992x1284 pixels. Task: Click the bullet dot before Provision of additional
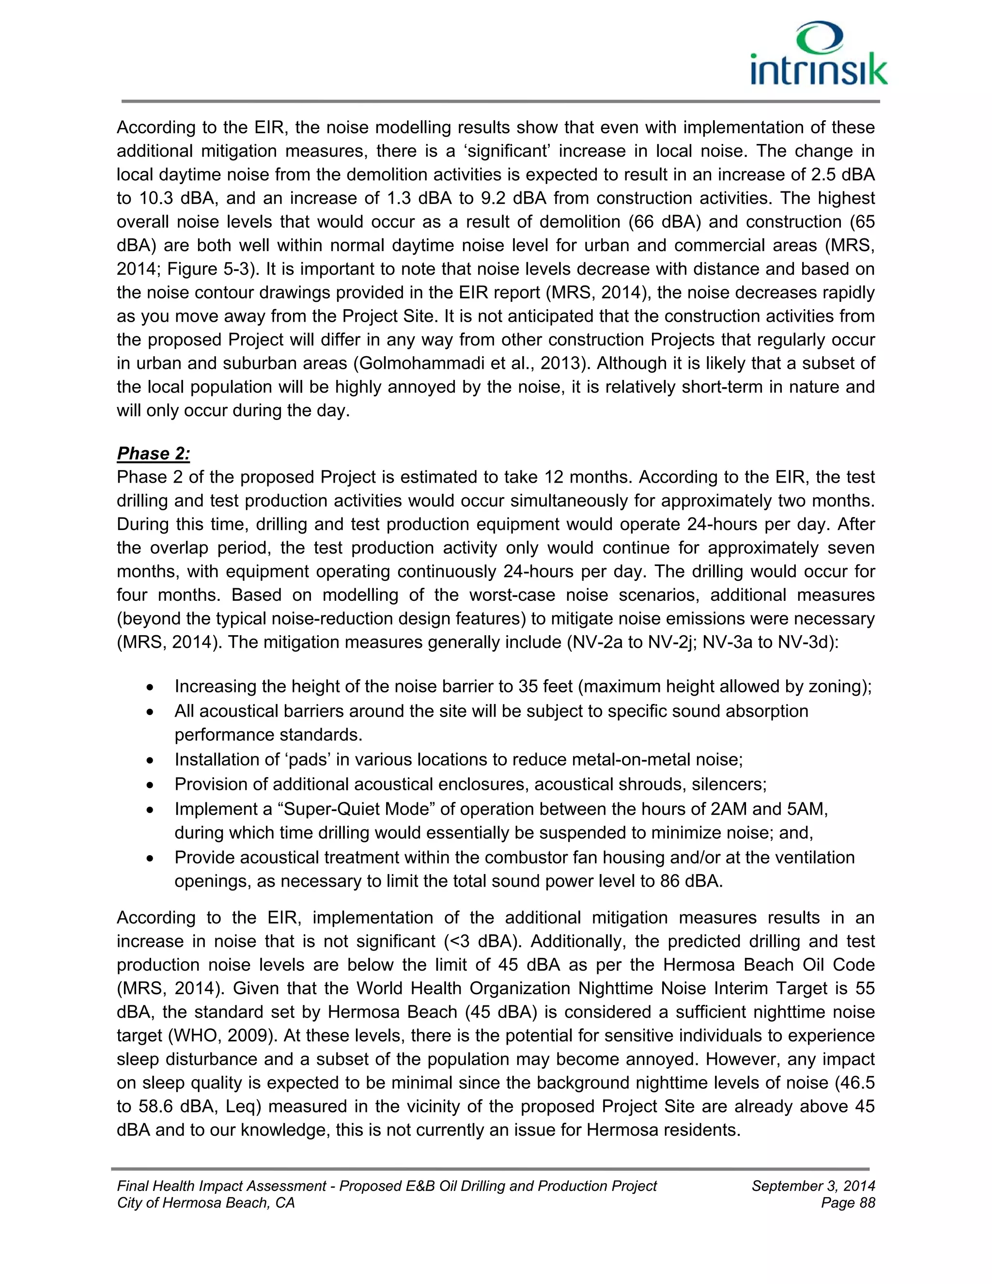[x=151, y=785]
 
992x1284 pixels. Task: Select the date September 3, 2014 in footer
[x=813, y=1187]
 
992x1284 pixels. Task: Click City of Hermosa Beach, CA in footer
[x=206, y=1203]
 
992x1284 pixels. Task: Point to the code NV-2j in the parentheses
[x=670, y=642]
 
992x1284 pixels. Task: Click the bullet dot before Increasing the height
[x=151, y=687]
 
